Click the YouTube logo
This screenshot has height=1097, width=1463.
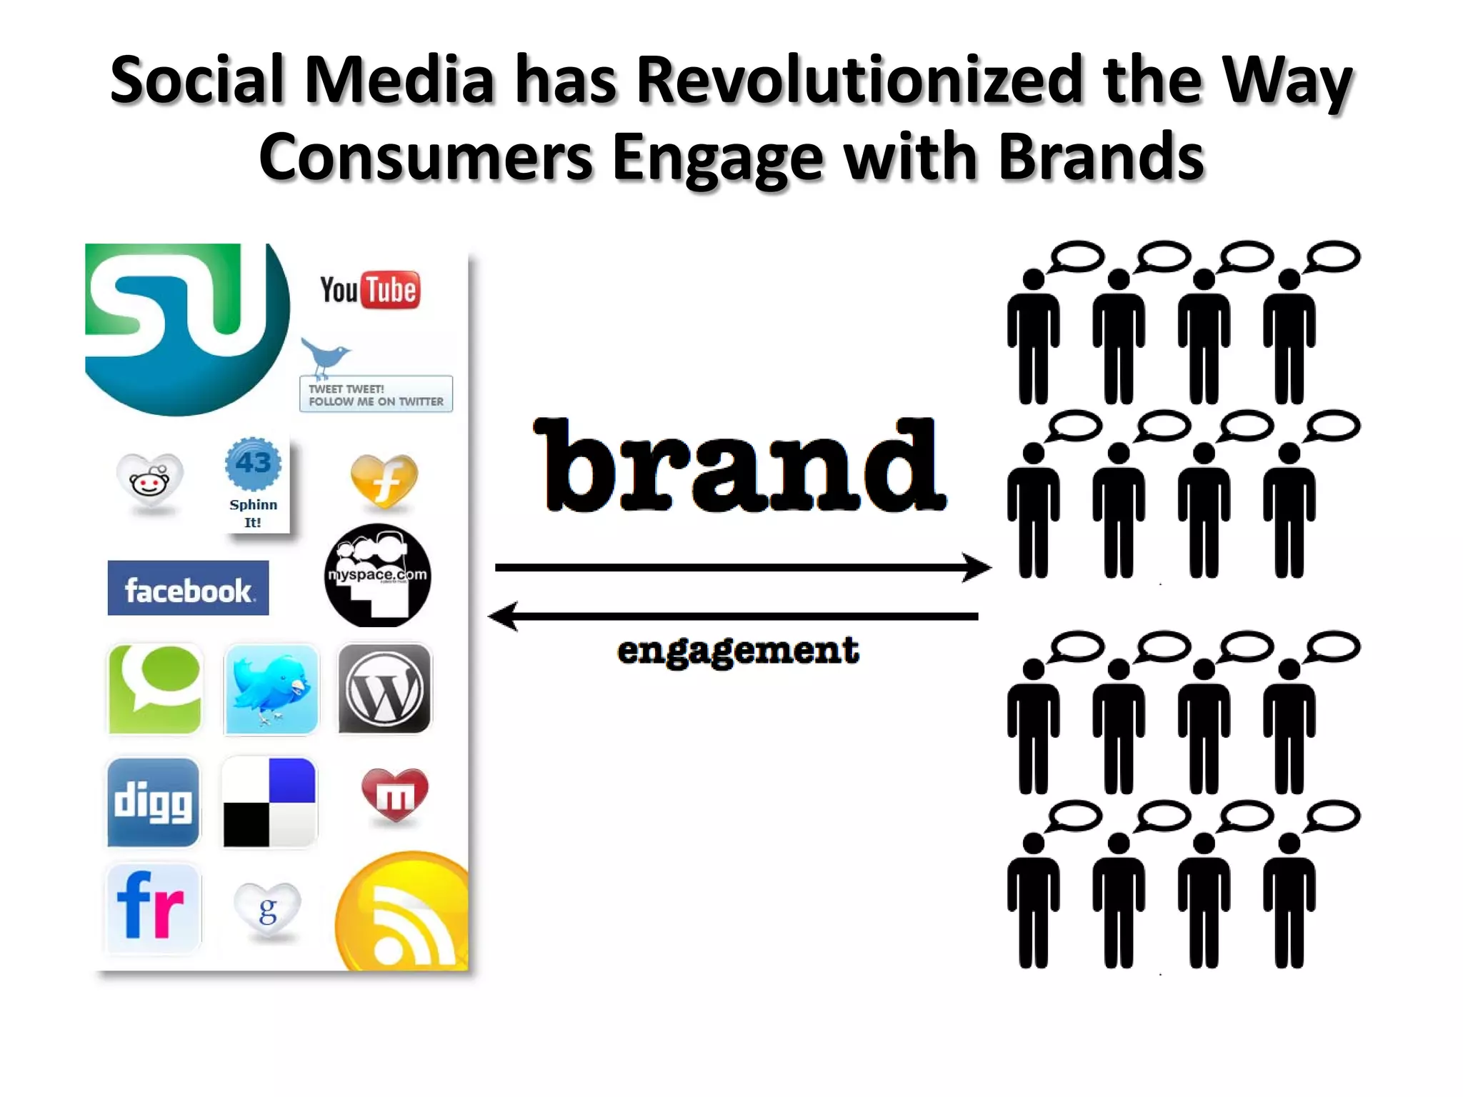(369, 290)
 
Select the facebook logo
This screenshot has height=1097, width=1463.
(188, 588)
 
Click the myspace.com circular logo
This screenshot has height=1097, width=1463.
(377, 576)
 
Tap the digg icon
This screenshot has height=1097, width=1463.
(153, 802)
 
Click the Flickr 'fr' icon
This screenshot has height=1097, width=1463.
(152, 906)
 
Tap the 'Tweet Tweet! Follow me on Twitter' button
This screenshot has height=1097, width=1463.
(376, 394)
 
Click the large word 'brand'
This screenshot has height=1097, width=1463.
(739, 466)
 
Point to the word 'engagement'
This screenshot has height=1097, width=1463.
(738, 651)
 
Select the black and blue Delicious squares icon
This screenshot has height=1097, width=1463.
(269, 802)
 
